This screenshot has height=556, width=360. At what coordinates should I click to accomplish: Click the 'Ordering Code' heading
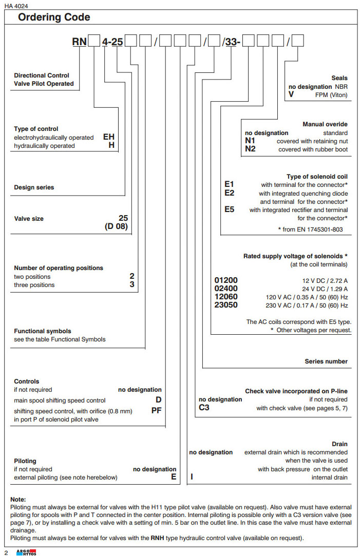pos(54,17)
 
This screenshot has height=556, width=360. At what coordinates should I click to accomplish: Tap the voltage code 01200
pos(226,280)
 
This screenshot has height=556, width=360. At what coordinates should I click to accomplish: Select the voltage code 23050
pos(226,305)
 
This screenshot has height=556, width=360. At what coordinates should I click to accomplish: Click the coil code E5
pos(230,209)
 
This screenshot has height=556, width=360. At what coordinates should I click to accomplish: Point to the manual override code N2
pos(250,149)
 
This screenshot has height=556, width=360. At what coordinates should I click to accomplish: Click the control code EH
pos(109,137)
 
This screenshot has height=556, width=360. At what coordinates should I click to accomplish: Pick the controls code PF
pos(157,410)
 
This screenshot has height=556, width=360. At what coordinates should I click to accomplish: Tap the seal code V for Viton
pos(291,95)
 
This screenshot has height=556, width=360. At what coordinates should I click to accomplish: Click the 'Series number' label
pos(326,361)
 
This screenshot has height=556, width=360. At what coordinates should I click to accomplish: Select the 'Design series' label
pos(34,187)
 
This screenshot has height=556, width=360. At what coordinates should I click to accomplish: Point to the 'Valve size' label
pos(29,219)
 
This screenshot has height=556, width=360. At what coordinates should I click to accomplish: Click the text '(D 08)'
pos(117,226)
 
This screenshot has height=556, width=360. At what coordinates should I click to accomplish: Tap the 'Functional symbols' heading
pos(43,331)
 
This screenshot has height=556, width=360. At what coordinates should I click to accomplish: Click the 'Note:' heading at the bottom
pos(18,499)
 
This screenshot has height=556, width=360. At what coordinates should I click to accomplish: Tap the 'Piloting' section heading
pos(25,461)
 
